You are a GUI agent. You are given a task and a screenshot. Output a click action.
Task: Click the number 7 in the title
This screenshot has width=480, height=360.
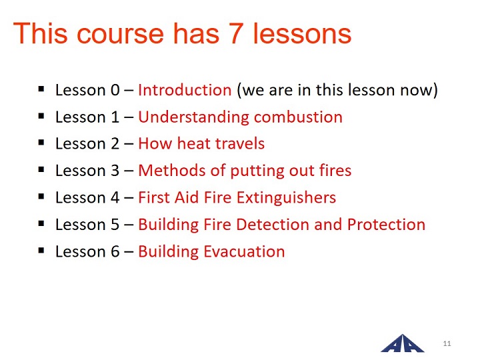point(236,33)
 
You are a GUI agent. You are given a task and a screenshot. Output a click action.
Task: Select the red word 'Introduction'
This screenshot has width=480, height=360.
point(185,90)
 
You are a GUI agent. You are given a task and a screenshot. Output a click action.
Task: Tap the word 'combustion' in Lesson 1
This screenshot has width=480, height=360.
point(298,117)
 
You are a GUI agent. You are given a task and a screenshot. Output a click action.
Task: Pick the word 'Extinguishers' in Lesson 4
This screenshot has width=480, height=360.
point(286,198)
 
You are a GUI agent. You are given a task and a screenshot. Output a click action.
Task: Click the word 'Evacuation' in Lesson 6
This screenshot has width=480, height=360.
point(244,251)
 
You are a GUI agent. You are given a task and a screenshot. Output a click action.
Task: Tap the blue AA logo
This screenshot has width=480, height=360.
point(403,343)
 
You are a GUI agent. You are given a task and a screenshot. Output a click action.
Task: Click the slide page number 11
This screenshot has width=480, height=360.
point(447,343)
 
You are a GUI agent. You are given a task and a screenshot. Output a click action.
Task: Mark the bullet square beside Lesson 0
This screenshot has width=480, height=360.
point(41,89)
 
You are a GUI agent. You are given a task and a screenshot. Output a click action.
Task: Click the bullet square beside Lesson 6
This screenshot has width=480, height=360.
point(41,251)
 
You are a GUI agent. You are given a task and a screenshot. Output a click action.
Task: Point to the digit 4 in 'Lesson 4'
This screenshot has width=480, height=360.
point(115,198)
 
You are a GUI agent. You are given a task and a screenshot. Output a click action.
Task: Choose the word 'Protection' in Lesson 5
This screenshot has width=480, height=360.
point(386,225)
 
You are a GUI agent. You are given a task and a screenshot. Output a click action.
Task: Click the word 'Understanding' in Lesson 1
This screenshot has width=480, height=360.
point(194,117)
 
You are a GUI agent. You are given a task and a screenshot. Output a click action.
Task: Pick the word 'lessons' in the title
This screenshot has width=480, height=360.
point(302,34)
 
